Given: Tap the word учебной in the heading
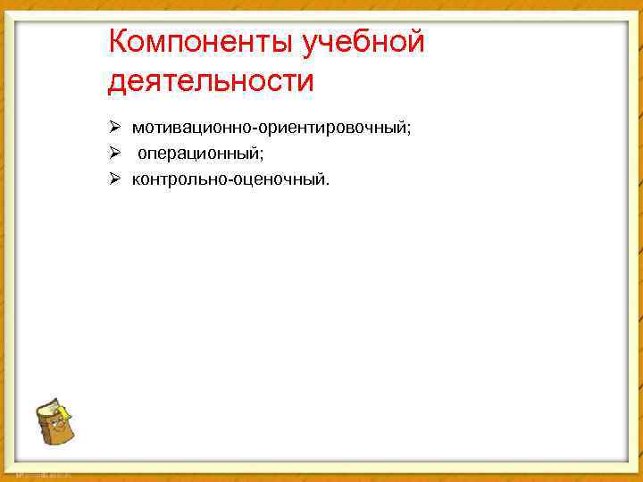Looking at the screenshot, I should pyautogui.click(x=362, y=42).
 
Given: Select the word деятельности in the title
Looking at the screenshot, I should pyautogui.click(x=211, y=81).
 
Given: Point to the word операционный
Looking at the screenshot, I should pyautogui.click(x=198, y=154).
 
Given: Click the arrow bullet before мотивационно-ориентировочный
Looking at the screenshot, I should pyautogui.click(x=114, y=129).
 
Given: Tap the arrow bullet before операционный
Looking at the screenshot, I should pyautogui.click(x=114, y=154).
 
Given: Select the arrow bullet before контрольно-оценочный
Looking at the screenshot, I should pyautogui.click(x=114, y=180).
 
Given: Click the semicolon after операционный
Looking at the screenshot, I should pyautogui.click(x=262, y=156).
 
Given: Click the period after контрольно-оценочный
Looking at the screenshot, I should pyautogui.click(x=328, y=184).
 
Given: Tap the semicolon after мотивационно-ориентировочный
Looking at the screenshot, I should pyautogui.click(x=409, y=130).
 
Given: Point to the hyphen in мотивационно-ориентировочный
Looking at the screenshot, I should pyautogui.click(x=237, y=129).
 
